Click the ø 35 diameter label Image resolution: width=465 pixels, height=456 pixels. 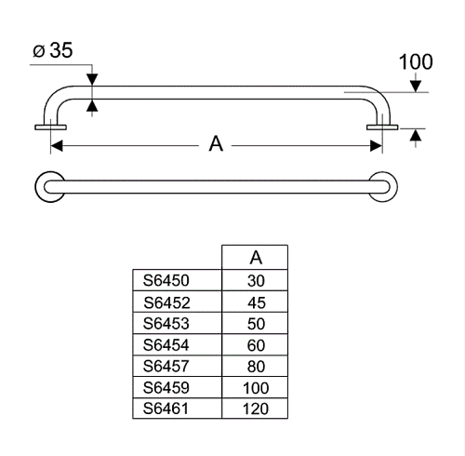pyautogui.click(x=53, y=50)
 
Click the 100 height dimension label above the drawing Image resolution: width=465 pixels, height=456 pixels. pyautogui.click(x=416, y=62)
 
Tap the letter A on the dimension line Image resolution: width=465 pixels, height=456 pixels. pyautogui.click(x=216, y=143)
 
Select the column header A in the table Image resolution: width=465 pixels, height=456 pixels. pyautogui.click(x=256, y=258)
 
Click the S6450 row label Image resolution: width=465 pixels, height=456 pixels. pyautogui.click(x=166, y=280)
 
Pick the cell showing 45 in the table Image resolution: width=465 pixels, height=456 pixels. pyautogui.click(x=257, y=302)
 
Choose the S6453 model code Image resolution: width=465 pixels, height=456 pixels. pyautogui.click(x=166, y=324)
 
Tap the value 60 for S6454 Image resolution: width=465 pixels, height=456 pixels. pyautogui.click(x=256, y=345)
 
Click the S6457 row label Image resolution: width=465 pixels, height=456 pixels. pyautogui.click(x=166, y=366)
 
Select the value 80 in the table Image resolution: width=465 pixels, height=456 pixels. pyautogui.click(x=256, y=367)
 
